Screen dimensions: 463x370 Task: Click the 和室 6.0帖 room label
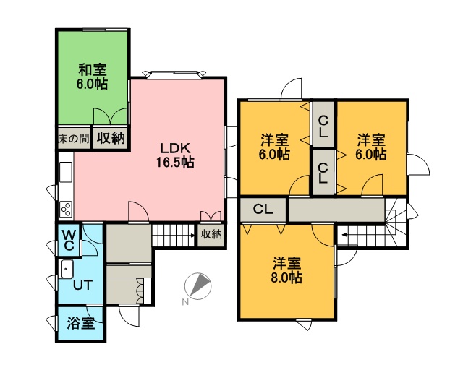[92, 77]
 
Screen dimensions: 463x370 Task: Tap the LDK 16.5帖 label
[175, 155]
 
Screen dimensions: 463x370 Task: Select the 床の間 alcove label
[74, 139]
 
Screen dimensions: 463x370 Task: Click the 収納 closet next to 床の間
[111, 138]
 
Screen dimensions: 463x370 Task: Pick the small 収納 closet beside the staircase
[211, 235]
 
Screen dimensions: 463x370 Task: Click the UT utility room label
[82, 285]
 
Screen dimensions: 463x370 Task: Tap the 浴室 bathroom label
[80, 323]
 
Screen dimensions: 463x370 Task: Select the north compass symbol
[197, 286]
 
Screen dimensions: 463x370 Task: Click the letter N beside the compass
[185, 302]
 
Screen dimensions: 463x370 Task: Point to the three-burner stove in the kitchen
[66, 209]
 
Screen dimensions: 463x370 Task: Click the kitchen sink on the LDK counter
[66, 172]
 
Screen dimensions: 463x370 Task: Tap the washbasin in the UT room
[67, 269]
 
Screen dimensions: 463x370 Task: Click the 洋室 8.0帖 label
[286, 270]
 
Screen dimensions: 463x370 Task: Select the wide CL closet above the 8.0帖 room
[263, 210]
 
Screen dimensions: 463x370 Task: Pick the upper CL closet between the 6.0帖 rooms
[323, 124]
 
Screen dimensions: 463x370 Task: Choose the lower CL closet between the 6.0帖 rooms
[323, 173]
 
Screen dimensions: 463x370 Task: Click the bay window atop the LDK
[174, 74]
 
